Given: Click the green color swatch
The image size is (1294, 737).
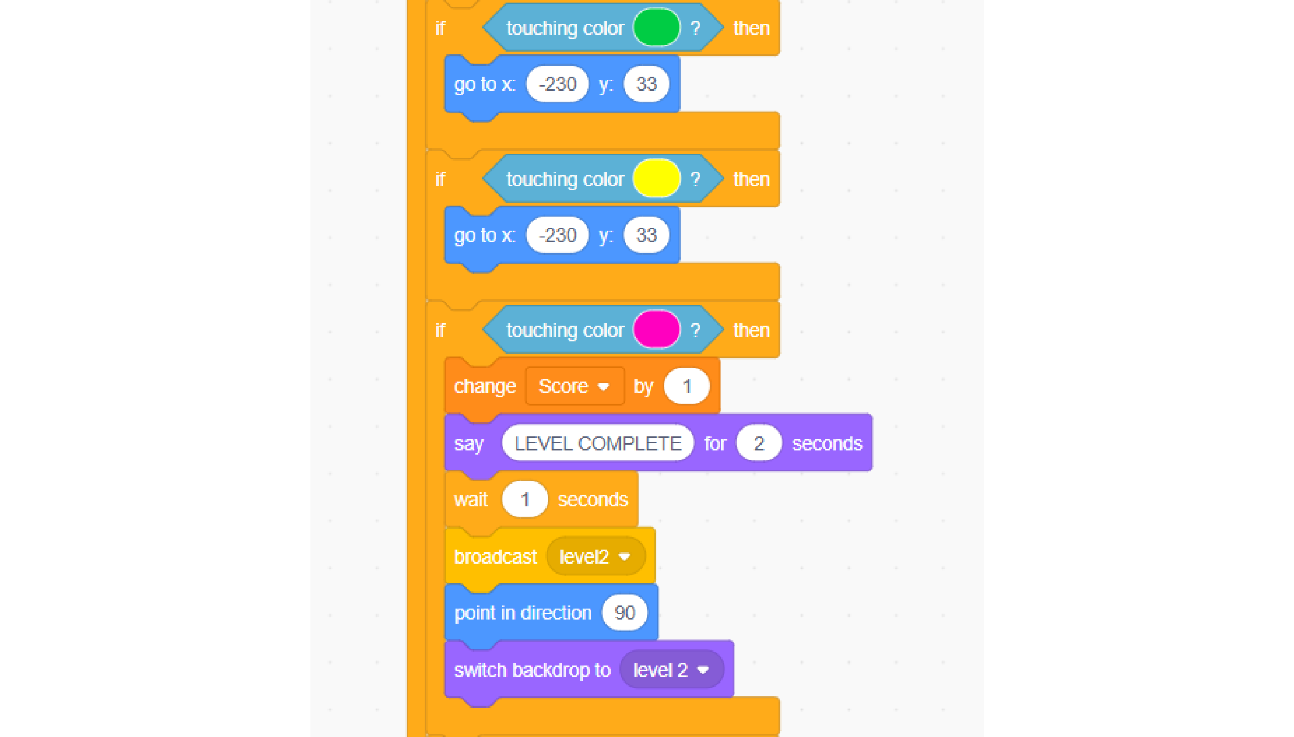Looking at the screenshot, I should click(656, 28).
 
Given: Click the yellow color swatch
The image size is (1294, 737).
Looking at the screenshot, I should click(656, 179).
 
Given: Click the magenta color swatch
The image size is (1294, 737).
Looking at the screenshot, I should click(656, 330).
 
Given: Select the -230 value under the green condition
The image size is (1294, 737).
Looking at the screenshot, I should click(557, 84).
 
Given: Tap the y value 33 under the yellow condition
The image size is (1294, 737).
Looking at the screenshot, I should click(646, 235).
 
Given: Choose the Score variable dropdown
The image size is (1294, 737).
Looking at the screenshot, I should click(574, 386).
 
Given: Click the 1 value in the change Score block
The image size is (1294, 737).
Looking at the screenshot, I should click(687, 386).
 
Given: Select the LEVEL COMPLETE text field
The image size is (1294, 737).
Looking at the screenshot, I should click(598, 443).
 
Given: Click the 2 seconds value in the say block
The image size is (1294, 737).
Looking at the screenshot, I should click(759, 443).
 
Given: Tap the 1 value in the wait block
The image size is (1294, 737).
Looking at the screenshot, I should click(525, 500).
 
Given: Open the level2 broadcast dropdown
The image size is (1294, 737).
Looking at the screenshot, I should click(595, 557).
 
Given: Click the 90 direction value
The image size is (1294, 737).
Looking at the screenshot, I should click(625, 613).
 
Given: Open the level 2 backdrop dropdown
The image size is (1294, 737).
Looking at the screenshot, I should click(672, 670).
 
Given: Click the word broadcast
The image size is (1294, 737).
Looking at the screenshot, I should click(495, 557).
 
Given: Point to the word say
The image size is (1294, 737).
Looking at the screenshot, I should click(469, 444).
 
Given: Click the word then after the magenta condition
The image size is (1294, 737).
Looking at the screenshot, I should click(751, 330).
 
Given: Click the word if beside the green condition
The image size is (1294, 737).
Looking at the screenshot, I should click(440, 28).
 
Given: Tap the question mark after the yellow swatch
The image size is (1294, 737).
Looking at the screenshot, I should click(696, 179).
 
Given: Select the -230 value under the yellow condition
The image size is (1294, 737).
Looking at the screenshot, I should click(557, 235).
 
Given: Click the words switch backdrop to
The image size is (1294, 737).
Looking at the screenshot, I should click(532, 670).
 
